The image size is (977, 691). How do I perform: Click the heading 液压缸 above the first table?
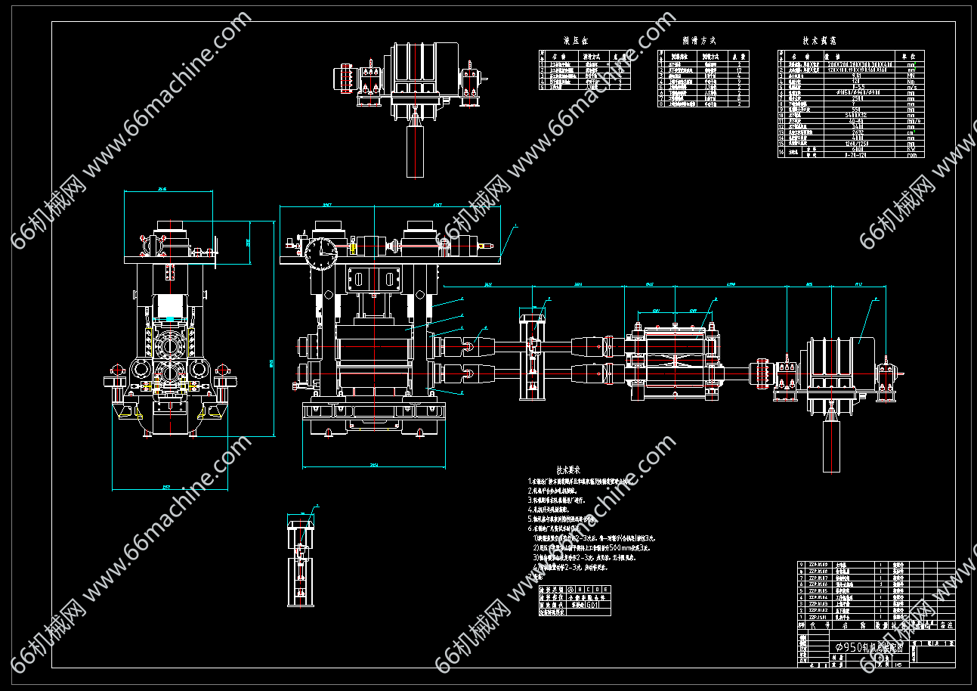pos(576,41)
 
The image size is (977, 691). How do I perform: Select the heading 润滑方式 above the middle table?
pos(698,41)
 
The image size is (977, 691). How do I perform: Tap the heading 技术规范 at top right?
pos(819,41)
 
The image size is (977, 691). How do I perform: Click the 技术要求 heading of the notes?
pos(567,469)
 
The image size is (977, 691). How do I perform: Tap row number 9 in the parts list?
pos(802,565)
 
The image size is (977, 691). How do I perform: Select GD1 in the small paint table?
pos(594,605)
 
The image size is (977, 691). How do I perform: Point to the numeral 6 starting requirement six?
pos(530,528)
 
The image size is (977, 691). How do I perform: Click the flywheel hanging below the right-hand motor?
pos(831,445)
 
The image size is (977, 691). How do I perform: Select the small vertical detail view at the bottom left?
pos(302,559)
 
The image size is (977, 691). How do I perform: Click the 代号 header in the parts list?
pos(814,625)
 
